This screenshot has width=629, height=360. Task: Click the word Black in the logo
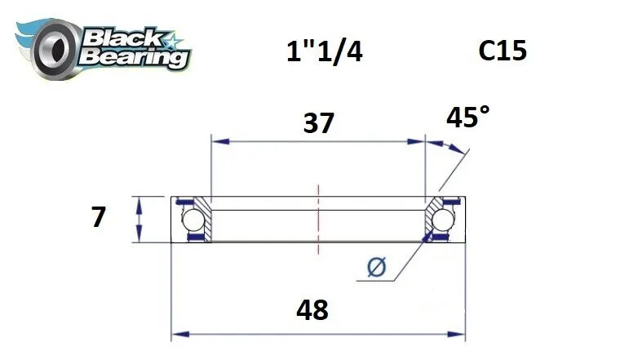click(122, 37)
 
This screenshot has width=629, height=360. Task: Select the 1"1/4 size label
click(323, 52)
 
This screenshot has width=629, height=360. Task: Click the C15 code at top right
click(503, 51)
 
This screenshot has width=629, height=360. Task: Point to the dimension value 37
click(318, 123)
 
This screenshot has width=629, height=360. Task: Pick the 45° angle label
click(468, 119)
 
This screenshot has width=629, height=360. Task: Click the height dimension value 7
click(99, 218)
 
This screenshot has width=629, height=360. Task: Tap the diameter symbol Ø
click(377, 267)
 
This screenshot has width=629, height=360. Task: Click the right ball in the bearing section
click(443, 220)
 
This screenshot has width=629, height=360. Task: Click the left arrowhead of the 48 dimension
click(176, 334)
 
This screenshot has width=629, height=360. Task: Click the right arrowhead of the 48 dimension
click(459, 334)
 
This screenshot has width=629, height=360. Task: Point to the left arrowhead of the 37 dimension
click(216, 141)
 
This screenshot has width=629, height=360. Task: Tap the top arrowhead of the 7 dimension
click(141, 202)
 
